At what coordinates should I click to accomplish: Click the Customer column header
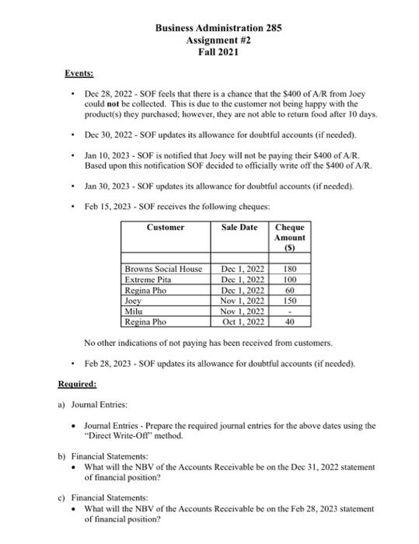coord(166,227)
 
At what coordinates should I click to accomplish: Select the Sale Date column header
coord(239,227)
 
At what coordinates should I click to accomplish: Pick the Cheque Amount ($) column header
coord(290,237)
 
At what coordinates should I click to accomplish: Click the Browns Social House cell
coord(163,269)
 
